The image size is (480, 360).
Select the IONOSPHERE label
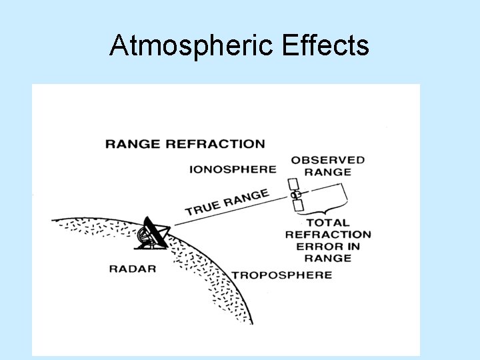coord(233,169)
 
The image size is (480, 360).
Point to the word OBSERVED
coord(328,160)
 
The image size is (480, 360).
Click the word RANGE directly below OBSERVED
coord(328,172)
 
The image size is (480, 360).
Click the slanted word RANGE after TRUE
coord(246,197)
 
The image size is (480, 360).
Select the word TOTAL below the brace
coord(328,223)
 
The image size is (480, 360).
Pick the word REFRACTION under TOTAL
coord(328,235)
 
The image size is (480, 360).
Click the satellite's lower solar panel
coord(298,205)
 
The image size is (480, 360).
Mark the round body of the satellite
coord(295,194)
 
